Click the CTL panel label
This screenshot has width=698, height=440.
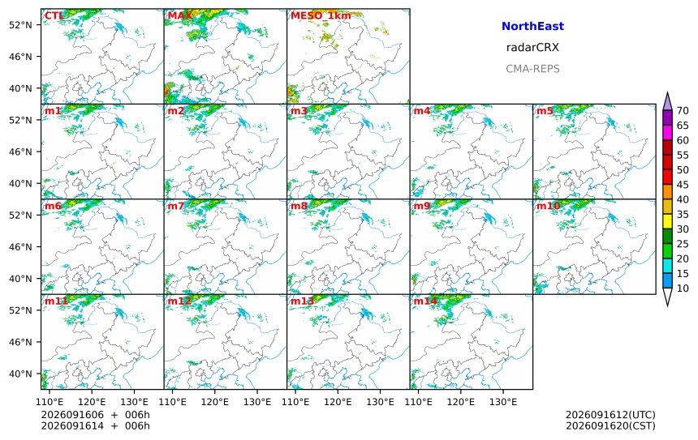point(54,16)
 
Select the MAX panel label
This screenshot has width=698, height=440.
point(180,16)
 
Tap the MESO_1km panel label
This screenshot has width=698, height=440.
point(321,16)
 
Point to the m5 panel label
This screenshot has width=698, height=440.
point(545,111)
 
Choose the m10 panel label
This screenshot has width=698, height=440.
point(549,206)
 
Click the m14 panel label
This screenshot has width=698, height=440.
point(425,301)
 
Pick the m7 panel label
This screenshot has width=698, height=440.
point(176,206)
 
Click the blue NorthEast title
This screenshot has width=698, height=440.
point(532,26)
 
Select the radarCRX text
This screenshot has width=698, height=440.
point(532,48)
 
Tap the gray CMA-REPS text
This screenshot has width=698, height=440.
point(532,69)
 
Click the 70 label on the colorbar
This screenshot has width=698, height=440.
point(683,111)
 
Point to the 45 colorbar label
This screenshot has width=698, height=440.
point(683,185)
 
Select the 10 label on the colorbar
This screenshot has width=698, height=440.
point(683,288)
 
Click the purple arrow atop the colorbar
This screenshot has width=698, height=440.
point(667,101)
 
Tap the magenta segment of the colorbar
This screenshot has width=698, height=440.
point(667,132)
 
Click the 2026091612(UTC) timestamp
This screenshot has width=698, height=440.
point(610,415)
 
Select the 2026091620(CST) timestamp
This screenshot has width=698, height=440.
point(610,425)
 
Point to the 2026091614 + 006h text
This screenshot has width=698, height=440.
point(95,425)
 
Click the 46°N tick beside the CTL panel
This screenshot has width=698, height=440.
point(20,57)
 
